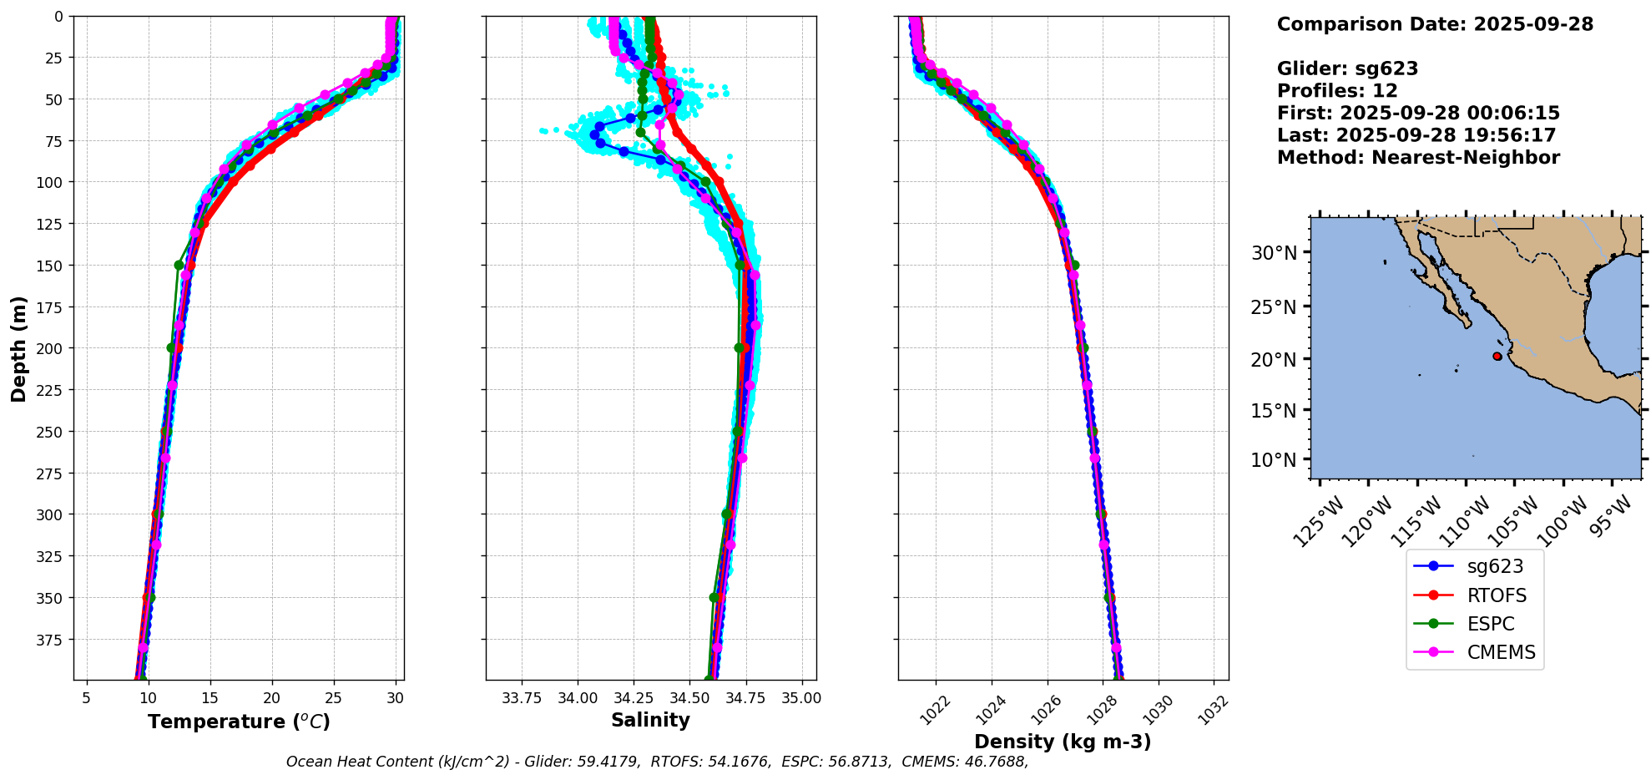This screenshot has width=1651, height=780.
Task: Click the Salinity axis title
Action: pyautogui.click(x=650, y=721)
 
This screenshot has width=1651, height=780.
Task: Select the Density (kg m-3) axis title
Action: pyautogui.click(x=1063, y=742)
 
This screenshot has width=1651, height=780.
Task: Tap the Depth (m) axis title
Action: pyautogui.click(x=18, y=348)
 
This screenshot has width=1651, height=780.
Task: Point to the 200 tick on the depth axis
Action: pyautogui.click(x=52, y=348)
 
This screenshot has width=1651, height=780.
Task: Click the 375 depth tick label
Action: pyautogui.click(x=52, y=640)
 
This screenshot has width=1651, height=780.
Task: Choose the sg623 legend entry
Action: pyautogui.click(x=1495, y=566)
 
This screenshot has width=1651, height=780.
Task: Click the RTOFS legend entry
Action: pyautogui.click(x=1497, y=595)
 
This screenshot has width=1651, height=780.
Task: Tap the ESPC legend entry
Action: pyautogui.click(x=1491, y=624)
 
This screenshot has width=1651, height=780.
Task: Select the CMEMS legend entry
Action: pyautogui.click(x=1501, y=652)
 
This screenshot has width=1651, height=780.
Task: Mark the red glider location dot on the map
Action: pyautogui.click(x=1497, y=357)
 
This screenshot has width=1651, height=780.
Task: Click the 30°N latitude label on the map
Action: pyautogui.click(x=1274, y=253)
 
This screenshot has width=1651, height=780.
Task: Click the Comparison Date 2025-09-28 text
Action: pyautogui.click(x=1435, y=24)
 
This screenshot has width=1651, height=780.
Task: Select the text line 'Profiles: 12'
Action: pyautogui.click(x=1337, y=91)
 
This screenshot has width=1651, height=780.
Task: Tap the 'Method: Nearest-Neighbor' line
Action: pyautogui.click(x=1418, y=158)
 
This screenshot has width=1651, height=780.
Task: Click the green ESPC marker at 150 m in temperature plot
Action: pyautogui.click(x=179, y=266)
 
